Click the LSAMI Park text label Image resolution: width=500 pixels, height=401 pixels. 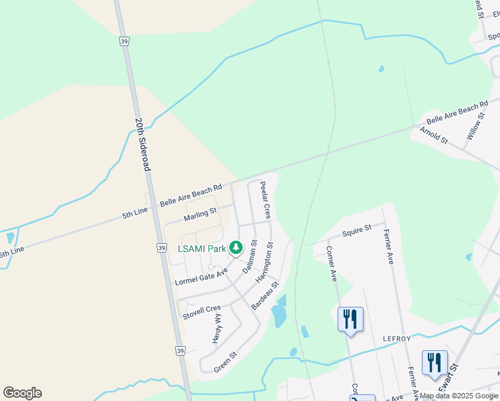point(202,249)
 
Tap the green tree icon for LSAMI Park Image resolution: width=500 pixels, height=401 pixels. point(235,248)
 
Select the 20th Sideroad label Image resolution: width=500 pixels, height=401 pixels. point(142,145)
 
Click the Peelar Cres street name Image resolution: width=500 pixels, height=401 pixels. point(265,200)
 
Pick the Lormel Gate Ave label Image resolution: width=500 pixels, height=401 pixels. point(202,275)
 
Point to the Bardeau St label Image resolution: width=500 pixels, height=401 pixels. point(265,295)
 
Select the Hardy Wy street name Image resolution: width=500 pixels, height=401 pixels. point(217,329)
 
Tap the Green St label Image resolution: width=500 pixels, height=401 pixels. point(225,364)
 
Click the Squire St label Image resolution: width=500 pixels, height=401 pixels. point(357,231)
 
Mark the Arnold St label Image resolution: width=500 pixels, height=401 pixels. point(434,136)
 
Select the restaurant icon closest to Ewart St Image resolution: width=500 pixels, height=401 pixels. point(434,362)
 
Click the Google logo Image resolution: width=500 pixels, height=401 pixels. point(22,393)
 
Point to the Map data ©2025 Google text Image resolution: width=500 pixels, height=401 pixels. point(459,396)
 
